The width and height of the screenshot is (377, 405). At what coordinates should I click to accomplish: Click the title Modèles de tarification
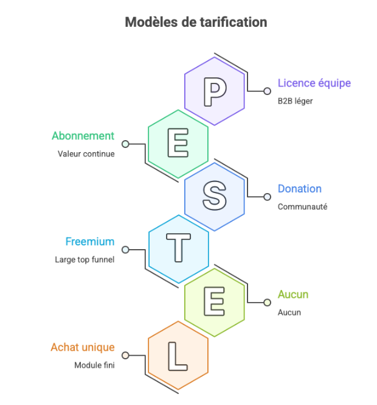[196, 22]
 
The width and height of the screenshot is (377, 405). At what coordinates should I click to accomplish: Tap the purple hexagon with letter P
[215, 91]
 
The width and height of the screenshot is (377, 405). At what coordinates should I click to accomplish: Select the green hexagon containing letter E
[178, 144]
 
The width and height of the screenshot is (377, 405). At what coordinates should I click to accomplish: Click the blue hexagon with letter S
[215, 196]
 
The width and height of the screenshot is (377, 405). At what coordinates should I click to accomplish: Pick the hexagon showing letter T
[178, 248]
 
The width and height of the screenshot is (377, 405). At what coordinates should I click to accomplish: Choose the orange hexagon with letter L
[178, 354]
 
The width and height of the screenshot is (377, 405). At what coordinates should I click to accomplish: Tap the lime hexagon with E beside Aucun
[215, 301]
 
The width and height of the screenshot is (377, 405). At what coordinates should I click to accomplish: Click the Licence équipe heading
[314, 83]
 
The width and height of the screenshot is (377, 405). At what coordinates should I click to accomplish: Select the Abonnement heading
[83, 136]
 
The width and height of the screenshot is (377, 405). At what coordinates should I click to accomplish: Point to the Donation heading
[299, 189]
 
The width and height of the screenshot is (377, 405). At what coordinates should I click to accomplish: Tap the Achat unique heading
[82, 347]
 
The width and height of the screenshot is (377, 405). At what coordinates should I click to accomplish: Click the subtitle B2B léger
[295, 101]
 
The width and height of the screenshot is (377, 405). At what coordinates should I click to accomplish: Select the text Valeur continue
[86, 154]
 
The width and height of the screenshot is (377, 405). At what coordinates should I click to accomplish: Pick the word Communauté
[302, 206]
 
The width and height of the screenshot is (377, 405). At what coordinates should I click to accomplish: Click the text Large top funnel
[85, 259]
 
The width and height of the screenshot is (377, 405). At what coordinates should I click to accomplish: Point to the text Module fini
[94, 365]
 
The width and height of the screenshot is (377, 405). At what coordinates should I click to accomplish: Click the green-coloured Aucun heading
[292, 295]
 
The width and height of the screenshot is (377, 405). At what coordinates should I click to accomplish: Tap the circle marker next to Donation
[267, 197]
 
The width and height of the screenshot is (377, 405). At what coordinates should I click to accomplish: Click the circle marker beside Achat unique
[125, 355]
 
